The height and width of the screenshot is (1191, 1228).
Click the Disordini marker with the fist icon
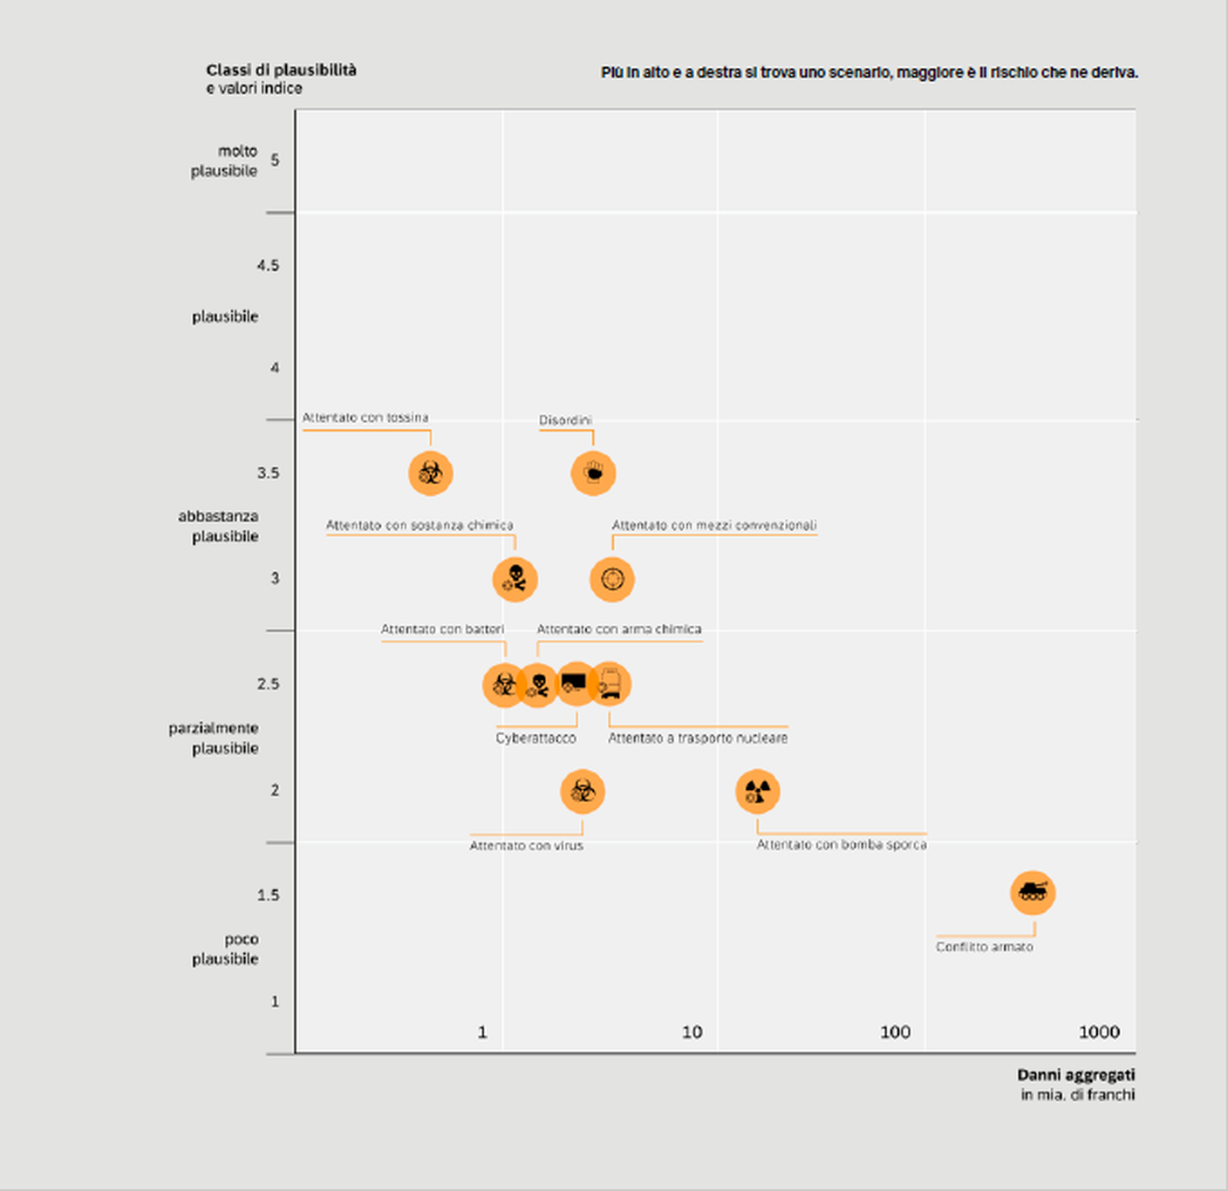pyautogui.click(x=593, y=473)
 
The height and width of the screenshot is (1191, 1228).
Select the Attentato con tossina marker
pyautogui.click(x=431, y=473)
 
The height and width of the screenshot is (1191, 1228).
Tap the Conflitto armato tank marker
pyautogui.click(x=1033, y=892)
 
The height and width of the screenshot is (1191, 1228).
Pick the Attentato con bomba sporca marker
pyautogui.click(x=757, y=792)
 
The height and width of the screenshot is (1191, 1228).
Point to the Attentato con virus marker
pyautogui.click(x=583, y=792)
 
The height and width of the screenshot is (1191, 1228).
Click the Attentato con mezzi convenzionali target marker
pyautogui.click(x=612, y=579)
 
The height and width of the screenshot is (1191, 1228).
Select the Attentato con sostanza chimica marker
pyautogui.click(x=515, y=579)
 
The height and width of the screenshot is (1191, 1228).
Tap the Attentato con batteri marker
pyautogui.click(x=503, y=684)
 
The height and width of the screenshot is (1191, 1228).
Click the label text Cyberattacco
pyautogui.click(x=536, y=738)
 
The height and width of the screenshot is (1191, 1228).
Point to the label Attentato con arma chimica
pyautogui.click(x=618, y=629)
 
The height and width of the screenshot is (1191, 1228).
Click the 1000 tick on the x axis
pyautogui.click(x=1099, y=1032)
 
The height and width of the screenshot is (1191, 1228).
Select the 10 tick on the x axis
pyautogui.click(x=692, y=1032)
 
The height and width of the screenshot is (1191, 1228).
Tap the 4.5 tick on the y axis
pyautogui.click(x=269, y=265)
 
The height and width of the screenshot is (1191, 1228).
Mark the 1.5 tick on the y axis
pyautogui.click(x=269, y=895)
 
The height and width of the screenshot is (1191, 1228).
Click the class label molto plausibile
pyautogui.click(x=225, y=161)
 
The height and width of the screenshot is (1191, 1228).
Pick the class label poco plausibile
pyautogui.click(x=226, y=949)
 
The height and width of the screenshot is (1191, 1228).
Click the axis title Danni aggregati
pyautogui.click(x=1075, y=1075)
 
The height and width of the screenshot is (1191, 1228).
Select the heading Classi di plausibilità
pyautogui.click(x=281, y=70)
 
